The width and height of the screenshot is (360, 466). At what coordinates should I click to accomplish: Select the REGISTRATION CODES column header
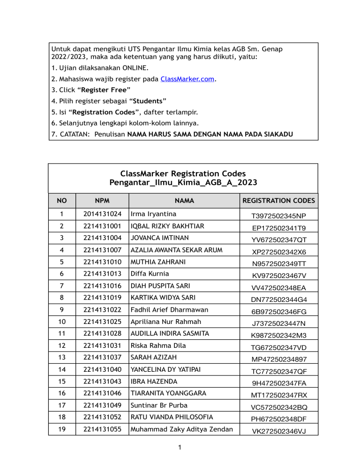(278, 201)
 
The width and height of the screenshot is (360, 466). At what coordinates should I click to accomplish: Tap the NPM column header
(102, 201)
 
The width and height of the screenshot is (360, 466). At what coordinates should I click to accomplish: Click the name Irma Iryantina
(154, 214)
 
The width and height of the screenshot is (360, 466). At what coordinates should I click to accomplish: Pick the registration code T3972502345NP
(278, 215)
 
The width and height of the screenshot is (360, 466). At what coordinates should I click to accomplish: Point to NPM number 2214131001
(102, 226)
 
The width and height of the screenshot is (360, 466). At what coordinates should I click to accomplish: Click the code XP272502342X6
(278, 252)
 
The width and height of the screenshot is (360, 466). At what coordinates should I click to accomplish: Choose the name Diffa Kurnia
(150, 274)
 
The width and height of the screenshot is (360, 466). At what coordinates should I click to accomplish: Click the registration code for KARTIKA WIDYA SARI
(278, 300)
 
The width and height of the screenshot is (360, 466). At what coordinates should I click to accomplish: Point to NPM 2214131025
(102, 322)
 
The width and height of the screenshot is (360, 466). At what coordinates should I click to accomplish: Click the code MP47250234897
(278, 359)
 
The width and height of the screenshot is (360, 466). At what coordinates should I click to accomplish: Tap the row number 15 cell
(62, 382)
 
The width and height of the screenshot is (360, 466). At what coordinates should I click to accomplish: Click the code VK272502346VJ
(278, 431)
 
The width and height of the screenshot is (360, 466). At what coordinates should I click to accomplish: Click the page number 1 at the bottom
(180, 448)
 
